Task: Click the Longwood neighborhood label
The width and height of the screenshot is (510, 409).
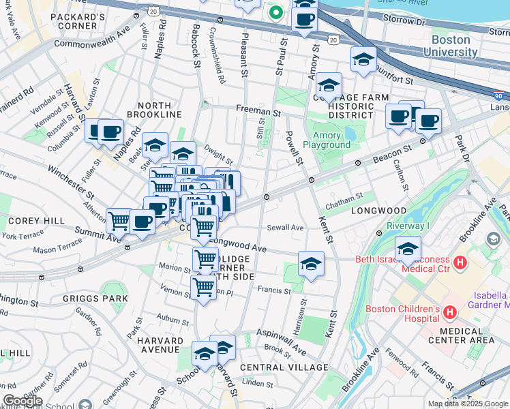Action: pyautogui.click(x=378, y=211)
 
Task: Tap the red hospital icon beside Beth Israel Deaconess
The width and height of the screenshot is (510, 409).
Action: pyautogui.click(x=461, y=262)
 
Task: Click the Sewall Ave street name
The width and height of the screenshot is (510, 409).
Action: pyautogui.click(x=286, y=228)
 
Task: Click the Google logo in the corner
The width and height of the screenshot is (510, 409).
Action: pyautogui.click(x=22, y=401)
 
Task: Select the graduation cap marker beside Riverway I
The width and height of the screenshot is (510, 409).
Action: pyautogui.click(x=408, y=249)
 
